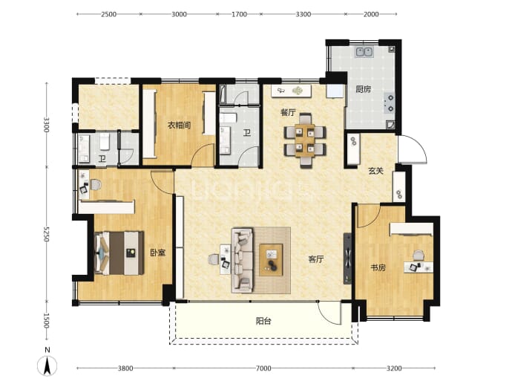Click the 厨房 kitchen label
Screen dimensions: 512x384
(363, 89)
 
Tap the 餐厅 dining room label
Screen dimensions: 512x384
(288, 112)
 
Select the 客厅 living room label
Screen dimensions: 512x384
(316, 259)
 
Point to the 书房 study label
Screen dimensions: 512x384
(378, 268)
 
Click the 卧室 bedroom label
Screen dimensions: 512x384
(158, 253)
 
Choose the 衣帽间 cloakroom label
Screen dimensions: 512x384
(179, 126)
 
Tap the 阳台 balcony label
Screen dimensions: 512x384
(263, 322)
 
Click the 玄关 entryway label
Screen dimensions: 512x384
(375, 171)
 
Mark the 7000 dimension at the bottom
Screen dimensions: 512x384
(263, 368)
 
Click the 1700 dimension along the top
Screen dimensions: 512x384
(239, 14)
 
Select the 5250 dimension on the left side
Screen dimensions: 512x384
(46, 234)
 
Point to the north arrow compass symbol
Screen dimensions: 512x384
(47, 362)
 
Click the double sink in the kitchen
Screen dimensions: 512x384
(364, 52)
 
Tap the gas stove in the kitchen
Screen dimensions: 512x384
(390, 102)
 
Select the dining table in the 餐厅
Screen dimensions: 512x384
(305, 141)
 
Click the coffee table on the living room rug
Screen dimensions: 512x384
(271, 260)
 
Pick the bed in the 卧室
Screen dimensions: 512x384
(119, 253)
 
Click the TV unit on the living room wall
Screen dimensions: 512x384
(347, 258)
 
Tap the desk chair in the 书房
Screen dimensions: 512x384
(419, 255)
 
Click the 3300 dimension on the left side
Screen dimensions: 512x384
(46, 125)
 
